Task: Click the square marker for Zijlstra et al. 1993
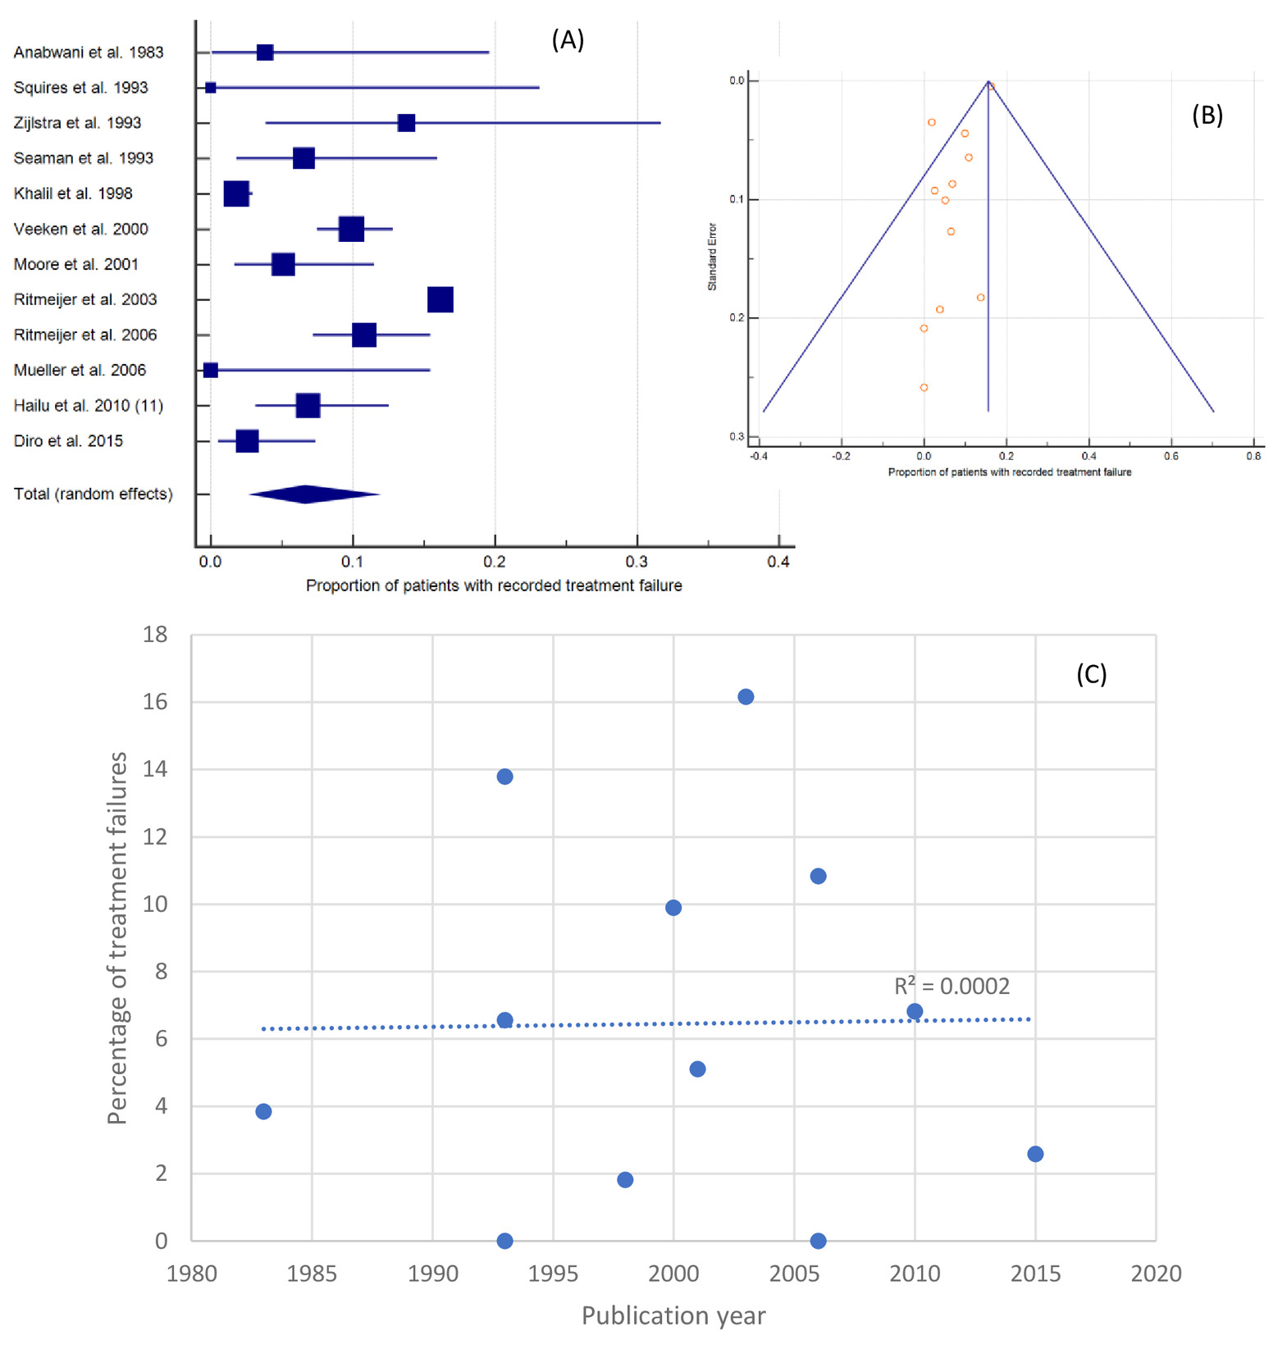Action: coord(406,123)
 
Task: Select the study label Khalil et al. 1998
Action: coord(73,194)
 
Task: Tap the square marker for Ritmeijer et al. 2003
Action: coord(440,300)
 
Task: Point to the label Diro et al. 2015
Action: coord(68,441)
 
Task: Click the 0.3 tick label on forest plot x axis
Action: coord(637,562)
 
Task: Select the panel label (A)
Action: coord(568,39)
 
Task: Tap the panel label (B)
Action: coord(1207,116)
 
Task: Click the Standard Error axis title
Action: coord(712,257)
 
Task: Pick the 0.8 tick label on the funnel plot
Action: coord(1253,456)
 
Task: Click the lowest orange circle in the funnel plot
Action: coord(924,388)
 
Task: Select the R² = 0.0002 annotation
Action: coord(952,986)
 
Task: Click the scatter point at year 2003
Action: coord(746,697)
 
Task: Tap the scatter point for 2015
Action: coord(1035,1154)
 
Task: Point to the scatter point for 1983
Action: coord(263,1111)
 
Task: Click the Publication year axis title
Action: coord(673,1315)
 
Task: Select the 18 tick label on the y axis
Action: coord(155,634)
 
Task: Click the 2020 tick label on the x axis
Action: coord(1156,1274)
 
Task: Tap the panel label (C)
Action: coord(1091,674)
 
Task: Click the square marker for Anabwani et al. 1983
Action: coord(265,52)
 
